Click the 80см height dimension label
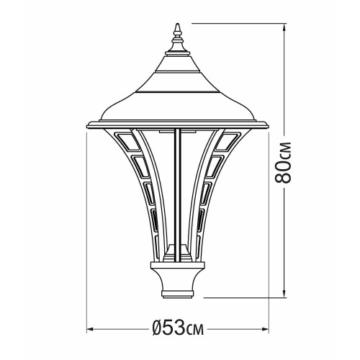tap(283, 163)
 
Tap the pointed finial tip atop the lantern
tap(178, 24)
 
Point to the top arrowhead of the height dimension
tap(284, 27)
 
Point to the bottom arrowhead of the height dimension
tap(284, 294)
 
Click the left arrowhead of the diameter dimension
tap(90, 329)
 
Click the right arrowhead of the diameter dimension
tap(265, 329)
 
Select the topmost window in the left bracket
tap(127, 142)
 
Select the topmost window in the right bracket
tap(228, 142)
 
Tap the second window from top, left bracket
tap(141, 167)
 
